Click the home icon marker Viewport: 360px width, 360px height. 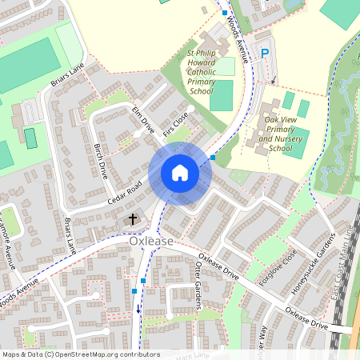click(x=179, y=173)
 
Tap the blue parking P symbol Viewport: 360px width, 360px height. click(x=265, y=54)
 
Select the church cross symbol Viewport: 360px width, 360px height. click(x=132, y=218)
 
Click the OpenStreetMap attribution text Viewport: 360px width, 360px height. click(x=80, y=354)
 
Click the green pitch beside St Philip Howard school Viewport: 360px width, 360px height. click(x=222, y=94)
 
